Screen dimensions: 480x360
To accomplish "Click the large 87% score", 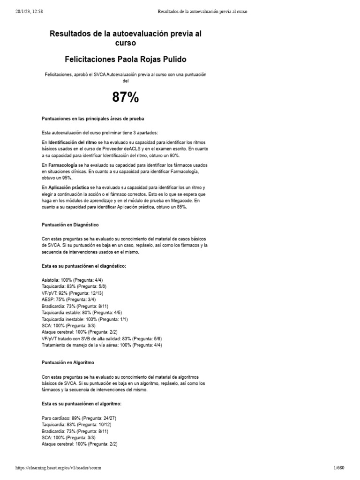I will [x=125, y=97].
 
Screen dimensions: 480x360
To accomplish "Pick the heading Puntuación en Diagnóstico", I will [x=70, y=225].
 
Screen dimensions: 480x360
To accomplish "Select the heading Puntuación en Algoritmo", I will [x=68, y=362].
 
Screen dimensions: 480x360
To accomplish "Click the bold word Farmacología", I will [x=64, y=165].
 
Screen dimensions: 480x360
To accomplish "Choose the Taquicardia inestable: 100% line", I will [x=84, y=319].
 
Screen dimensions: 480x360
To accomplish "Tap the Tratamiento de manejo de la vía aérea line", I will [x=101, y=345].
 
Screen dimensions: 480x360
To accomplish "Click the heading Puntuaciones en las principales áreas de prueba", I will [x=93, y=119].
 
